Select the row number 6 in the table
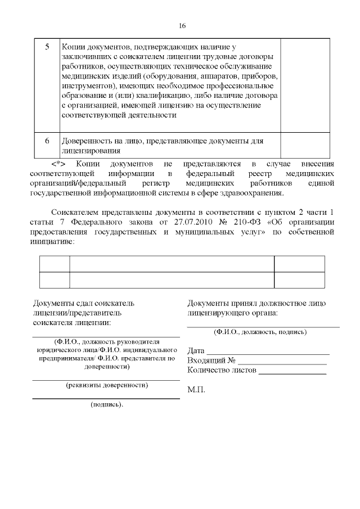pyautogui.click(x=47, y=141)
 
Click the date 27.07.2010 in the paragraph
pyautogui.click(x=197, y=222)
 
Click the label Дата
pyautogui.click(x=196, y=350)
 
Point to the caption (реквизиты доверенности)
pyautogui.click(x=107, y=385)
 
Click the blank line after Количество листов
pyautogui.click(x=292, y=372)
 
